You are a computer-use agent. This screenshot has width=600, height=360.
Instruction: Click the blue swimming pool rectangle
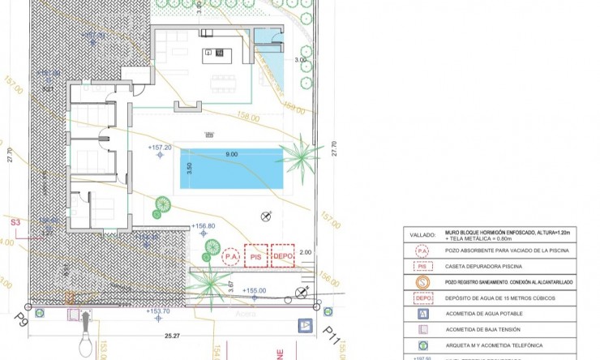[x=232, y=171]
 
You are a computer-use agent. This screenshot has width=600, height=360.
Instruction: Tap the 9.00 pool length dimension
[x=232, y=154]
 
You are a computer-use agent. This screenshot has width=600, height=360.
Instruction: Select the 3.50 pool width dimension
[x=189, y=170]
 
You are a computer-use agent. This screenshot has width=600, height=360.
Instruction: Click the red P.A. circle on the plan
[x=232, y=257]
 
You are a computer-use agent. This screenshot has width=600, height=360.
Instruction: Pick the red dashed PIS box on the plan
[x=256, y=257]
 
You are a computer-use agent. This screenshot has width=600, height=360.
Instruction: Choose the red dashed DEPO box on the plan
[x=282, y=257]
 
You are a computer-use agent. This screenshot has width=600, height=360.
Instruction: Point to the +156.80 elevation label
[x=203, y=226]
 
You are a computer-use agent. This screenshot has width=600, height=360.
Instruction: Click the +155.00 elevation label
[x=252, y=290]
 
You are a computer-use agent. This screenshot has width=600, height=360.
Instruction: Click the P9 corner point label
[x=21, y=321]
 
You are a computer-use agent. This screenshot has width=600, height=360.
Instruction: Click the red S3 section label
[x=15, y=221]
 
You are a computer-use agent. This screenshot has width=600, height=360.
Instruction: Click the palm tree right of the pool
[x=302, y=152]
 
